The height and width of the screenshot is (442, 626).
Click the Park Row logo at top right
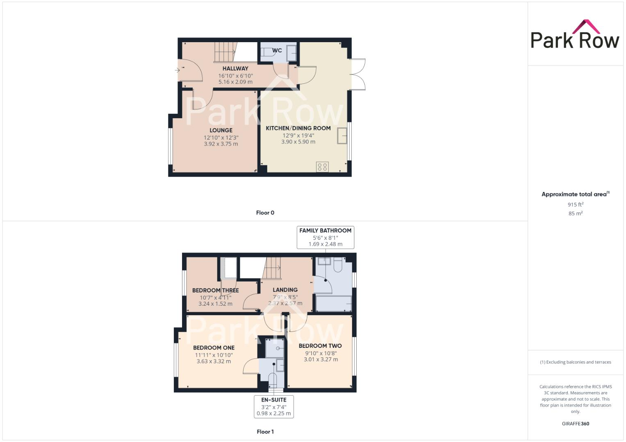coord(575,35)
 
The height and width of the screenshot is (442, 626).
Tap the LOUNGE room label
coord(221,130)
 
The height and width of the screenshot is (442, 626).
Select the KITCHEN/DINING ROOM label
coord(298,128)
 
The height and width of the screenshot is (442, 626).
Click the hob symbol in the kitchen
coord(322,167)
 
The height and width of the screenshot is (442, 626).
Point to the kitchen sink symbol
coord(342,135)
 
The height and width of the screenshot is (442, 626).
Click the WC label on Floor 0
coord(277,50)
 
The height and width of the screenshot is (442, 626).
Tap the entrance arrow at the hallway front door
coord(177,70)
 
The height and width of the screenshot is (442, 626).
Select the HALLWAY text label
coord(235,68)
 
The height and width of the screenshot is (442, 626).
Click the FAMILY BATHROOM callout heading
coord(325,230)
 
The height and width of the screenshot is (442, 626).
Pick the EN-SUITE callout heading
coord(274,400)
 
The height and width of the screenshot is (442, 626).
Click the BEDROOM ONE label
coord(214,347)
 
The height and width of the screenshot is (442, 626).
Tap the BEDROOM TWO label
coord(320,346)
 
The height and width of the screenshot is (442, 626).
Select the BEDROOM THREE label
coord(215,291)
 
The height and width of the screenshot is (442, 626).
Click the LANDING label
coord(285,290)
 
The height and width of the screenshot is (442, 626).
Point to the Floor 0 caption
coord(265,213)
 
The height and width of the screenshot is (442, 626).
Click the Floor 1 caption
coord(265,431)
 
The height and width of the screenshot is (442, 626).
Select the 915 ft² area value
coord(575,205)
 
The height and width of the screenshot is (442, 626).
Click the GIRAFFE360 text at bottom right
coord(575,424)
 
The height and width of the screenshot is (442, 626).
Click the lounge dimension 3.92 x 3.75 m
coord(221,144)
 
